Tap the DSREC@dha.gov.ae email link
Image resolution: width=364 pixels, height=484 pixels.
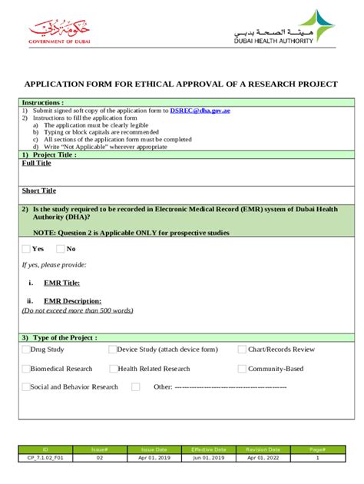point(200,111)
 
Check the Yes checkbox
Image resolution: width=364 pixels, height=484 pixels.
point(27,248)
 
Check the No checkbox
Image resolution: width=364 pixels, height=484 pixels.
point(61,248)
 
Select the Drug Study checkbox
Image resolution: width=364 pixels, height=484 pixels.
point(25,350)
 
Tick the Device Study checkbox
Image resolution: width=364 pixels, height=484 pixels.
point(113,350)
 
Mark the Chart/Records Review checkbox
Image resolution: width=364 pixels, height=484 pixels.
point(243,350)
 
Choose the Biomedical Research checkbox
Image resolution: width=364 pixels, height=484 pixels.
point(25,369)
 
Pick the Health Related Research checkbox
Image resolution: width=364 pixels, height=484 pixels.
point(113,369)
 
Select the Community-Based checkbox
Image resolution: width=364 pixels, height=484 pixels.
point(243,369)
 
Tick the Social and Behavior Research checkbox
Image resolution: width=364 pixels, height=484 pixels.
point(25,387)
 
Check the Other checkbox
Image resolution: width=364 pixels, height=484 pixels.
point(136,387)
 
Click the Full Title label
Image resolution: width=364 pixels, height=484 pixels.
point(37,163)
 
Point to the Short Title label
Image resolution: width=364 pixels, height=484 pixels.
point(39,191)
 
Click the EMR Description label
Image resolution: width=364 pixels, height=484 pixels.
point(72,301)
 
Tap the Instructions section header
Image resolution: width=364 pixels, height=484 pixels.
point(43,102)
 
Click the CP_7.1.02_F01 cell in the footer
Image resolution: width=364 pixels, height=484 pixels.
point(45,457)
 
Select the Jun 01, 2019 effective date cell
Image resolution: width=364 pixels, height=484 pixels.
point(208,457)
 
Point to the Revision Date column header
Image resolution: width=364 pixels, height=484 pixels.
point(263,449)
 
